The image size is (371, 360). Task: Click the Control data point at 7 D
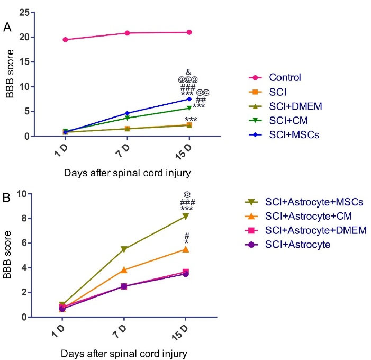pos(127,33)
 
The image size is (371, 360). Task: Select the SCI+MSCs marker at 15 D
pos(189,99)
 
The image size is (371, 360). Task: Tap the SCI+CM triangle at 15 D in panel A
pos(189,108)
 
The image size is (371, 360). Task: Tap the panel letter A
pos(7,26)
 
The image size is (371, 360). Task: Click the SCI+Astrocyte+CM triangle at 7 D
pos(124,270)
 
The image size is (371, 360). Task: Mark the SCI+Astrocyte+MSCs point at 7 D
pos(124,249)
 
